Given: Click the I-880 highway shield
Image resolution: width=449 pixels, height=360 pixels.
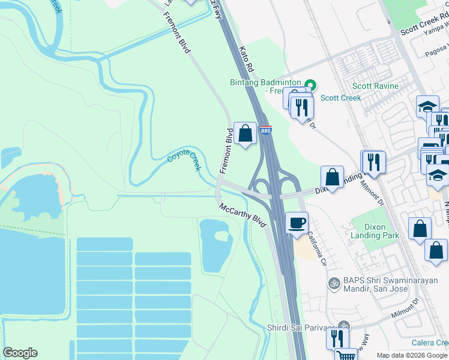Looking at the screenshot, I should click(266, 130).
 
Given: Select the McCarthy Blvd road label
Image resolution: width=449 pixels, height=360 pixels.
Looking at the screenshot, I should click(243, 215).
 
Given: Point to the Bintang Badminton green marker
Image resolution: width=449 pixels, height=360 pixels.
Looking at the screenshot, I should click(310, 85).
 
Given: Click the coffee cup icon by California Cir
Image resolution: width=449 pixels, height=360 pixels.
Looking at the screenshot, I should click(297, 223).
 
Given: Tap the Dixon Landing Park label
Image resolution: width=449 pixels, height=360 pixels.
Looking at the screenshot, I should click(375, 231).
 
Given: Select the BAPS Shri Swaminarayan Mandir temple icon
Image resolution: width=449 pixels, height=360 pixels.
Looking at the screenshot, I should click(333, 282).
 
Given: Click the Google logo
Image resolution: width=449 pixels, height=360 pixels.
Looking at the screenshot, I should click(20, 353).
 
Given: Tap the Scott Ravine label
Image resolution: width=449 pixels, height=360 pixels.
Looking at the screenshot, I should click(375, 86).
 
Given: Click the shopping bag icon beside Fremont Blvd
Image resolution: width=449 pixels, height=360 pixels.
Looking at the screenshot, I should click(245, 134).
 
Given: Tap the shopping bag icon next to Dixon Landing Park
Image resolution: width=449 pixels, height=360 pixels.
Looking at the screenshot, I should click(420, 229).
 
